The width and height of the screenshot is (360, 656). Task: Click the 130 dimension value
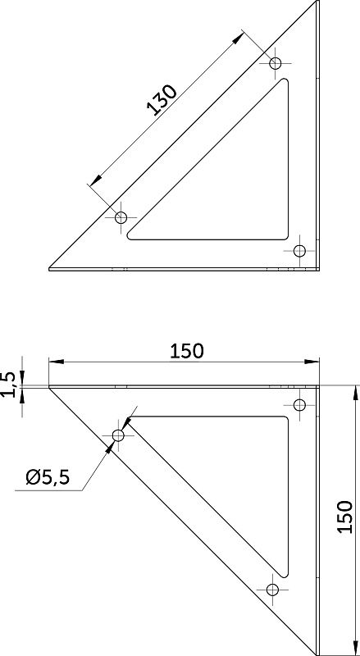(162, 100)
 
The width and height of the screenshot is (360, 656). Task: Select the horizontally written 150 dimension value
(187, 352)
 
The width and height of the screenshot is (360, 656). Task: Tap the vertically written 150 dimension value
(344, 517)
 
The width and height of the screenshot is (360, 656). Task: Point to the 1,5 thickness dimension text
(12, 385)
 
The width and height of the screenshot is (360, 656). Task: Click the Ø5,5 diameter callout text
(48, 477)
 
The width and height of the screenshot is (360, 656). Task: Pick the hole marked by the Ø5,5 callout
(118, 435)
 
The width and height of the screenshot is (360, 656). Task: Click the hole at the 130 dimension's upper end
(275, 64)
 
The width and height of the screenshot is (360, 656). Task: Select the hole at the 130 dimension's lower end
(121, 217)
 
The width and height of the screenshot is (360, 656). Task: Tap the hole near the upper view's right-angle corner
(299, 251)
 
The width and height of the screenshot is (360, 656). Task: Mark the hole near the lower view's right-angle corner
(299, 405)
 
